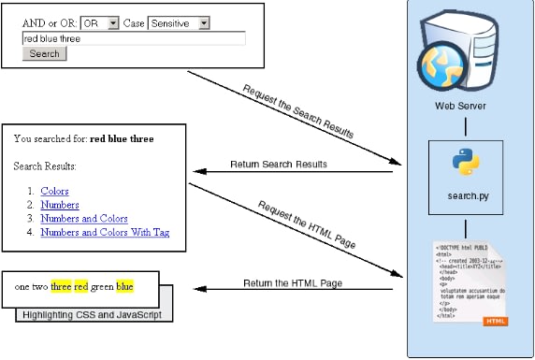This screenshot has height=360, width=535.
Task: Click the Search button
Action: (x=44, y=54)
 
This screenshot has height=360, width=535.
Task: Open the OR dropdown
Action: (x=100, y=22)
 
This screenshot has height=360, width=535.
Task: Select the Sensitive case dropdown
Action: (x=179, y=22)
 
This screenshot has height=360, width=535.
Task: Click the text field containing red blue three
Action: (x=133, y=38)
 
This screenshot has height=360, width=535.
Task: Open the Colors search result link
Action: (x=54, y=191)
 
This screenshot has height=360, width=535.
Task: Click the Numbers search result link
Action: (x=60, y=205)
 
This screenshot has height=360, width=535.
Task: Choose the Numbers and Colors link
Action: (x=84, y=218)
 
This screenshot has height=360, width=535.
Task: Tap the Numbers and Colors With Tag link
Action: (x=105, y=232)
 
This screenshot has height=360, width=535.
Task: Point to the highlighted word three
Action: (x=61, y=286)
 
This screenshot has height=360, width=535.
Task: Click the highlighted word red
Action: (x=80, y=286)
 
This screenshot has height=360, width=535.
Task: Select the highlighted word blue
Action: (x=125, y=286)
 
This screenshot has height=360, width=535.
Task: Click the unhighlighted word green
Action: (x=103, y=286)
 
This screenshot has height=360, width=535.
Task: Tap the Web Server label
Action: (x=460, y=106)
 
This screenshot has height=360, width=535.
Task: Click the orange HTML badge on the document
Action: (x=496, y=321)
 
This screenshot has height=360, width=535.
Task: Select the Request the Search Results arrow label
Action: (x=297, y=111)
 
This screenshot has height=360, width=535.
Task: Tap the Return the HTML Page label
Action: (x=293, y=282)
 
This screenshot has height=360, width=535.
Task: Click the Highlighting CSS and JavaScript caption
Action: (x=94, y=315)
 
